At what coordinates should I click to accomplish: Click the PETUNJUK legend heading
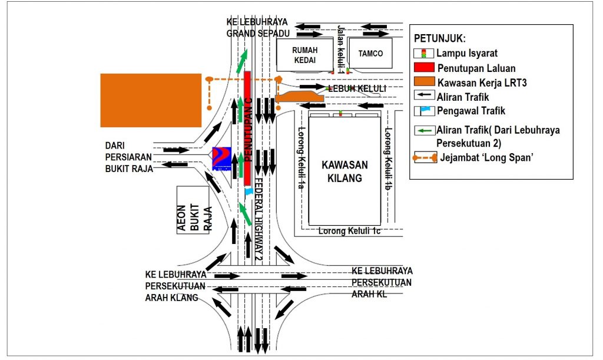coord(440,39)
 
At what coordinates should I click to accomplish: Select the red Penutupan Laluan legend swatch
coord(423,68)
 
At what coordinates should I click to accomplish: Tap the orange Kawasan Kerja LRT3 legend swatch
coord(423,82)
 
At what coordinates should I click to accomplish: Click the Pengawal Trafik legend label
coord(471,110)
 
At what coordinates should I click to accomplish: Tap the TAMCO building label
coord(370,54)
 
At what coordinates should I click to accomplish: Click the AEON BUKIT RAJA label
coord(194,211)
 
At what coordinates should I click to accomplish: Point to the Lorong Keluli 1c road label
coord(349,231)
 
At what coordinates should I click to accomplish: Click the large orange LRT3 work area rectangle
coord(151,100)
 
